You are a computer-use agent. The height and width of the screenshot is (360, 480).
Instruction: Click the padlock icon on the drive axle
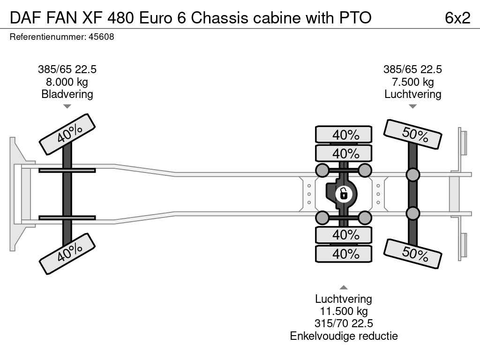(x=344, y=193)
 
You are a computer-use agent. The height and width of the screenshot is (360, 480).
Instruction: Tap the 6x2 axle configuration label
(x=457, y=18)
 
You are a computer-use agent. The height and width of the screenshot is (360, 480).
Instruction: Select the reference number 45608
(x=101, y=37)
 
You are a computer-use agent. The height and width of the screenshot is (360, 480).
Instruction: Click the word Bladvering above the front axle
(x=67, y=94)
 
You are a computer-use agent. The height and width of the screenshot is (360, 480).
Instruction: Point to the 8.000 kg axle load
(x=67, y=82)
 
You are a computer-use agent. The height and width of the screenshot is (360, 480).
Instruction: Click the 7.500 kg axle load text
(x=412, y=82)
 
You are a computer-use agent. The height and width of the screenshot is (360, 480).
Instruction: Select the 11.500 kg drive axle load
(x=344, y=311)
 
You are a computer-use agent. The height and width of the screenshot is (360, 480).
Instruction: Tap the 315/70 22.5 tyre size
(x=344, y=323)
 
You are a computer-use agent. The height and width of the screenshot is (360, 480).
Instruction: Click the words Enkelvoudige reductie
(x=344, y=336)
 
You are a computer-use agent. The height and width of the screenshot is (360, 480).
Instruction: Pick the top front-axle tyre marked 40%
(x=67, y=134)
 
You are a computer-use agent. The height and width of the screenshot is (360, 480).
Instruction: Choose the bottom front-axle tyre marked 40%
(x=67, y=253)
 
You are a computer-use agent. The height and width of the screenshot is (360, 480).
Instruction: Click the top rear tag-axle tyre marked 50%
(x=413, y=135)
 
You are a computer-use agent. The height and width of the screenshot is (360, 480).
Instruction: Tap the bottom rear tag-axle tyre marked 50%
(x=413, y=254)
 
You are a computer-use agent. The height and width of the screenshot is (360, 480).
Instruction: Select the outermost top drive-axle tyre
(x=344, y=135)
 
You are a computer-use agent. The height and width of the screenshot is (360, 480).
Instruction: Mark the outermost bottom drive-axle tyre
(x=344, y=254)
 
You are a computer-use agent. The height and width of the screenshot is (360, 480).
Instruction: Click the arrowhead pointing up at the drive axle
(x=344, y=287)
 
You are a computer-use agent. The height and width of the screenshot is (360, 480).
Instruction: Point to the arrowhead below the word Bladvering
(x=67, y=106)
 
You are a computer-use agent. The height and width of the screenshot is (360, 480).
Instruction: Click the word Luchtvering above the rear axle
(x=412, y=94)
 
